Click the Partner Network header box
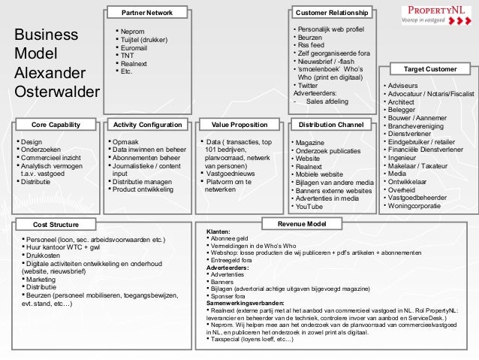click(x=146, y=13)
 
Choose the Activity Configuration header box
click(x=146, y=124)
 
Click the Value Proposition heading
click(x=240, y=124)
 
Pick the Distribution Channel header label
click(x=331, y=124)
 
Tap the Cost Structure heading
click(x=56, y=224)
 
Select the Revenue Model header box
click(x=301, y=224)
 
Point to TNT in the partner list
click(x=128, y=56)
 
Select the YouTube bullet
click(x=309, y=206)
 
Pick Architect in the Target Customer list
click(x=402, y=101)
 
